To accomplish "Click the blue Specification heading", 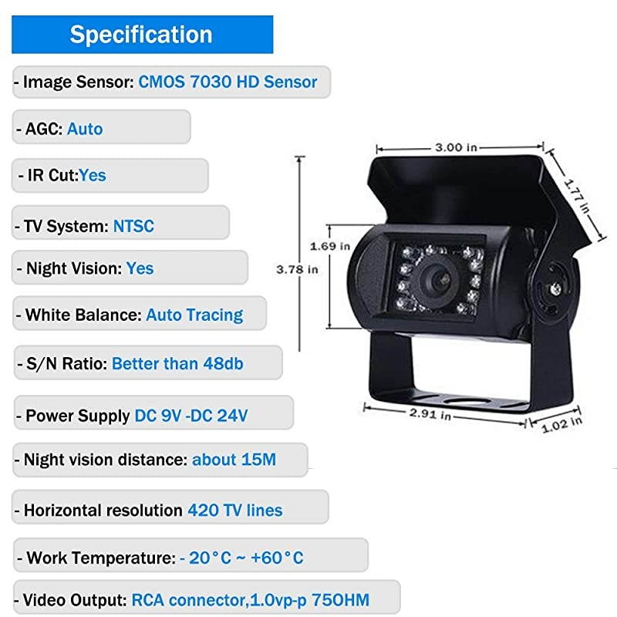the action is pos(141,35).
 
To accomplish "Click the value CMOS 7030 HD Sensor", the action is pos(228,82).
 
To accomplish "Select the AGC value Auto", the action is pos(85,128).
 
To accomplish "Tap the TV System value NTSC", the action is pos(133,226).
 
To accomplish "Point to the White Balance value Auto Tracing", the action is pos(194,315).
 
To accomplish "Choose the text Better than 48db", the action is pos(177,362).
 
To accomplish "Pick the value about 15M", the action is pos(234,460).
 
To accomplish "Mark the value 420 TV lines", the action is pos(234,510).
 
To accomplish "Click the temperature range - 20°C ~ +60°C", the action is pos(241,558).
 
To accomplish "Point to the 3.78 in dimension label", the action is pos(297,269).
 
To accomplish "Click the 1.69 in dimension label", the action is pos(330,246).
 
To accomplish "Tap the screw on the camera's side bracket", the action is pos(553,289).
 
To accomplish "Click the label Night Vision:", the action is pos(74,268).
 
